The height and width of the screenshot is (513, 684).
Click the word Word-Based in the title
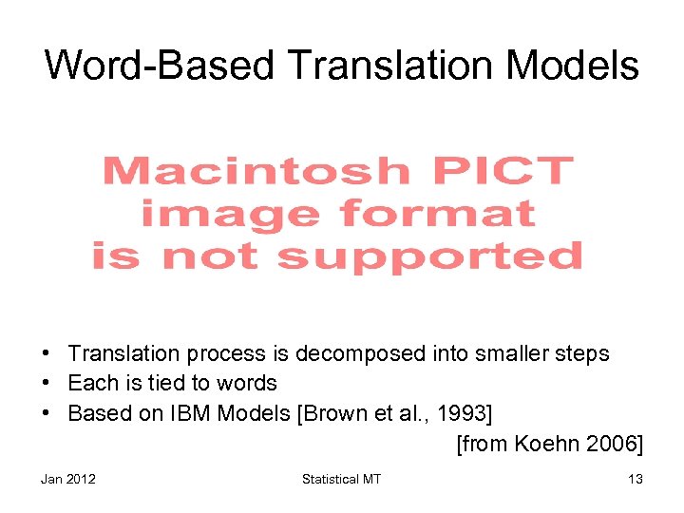click(159, 66)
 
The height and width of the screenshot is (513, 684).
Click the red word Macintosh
click(255, 172)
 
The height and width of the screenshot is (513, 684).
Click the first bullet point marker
click(47, 353)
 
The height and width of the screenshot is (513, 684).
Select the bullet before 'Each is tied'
click(47, 383)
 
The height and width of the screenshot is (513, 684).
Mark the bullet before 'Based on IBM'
click(47, 413)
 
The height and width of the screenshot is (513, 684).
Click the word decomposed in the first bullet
click(361, 354)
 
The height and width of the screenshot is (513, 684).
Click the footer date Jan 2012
click(68, 479)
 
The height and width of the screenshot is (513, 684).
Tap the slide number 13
click(635, 479)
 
